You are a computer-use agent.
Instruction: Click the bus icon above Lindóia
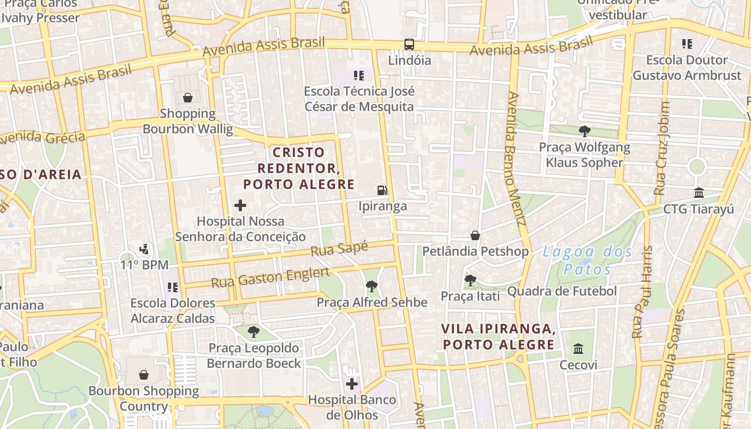click(409, 44)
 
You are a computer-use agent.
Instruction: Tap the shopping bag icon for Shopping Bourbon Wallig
click(188, 97)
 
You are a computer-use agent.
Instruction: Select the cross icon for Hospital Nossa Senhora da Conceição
click(240, 205)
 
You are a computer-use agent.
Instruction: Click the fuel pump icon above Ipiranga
click(382, 190)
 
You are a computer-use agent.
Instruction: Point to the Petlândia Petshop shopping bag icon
click(475, 235)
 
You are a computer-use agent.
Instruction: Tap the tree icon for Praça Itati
click(470, 280)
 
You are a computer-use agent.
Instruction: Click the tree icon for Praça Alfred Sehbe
click(371, 286)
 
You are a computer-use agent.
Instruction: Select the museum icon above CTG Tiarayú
click(698, 193)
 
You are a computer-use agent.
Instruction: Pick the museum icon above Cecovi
click(578, 349)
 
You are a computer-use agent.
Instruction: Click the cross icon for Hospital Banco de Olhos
click(352, 383)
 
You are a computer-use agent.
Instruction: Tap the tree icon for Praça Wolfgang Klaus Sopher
click(585, 131)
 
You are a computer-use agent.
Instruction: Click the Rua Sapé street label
click(340, 249)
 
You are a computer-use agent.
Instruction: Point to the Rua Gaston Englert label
click(270, 278)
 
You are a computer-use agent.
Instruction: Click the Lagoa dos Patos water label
click(587, 260)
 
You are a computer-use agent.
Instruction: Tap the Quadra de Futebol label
click(562, 291)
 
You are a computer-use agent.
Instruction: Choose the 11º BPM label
click(144, 265)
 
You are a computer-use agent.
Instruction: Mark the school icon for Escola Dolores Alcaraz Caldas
click(172, 287)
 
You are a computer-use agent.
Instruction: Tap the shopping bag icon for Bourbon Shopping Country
click(144, 374)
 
